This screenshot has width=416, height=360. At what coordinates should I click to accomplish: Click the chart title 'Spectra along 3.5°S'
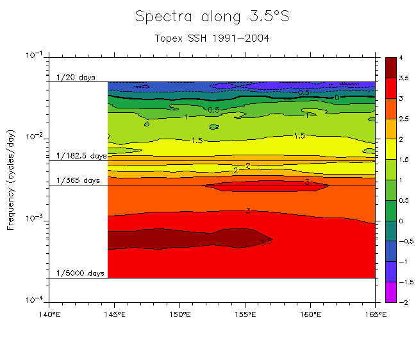pos(212,17)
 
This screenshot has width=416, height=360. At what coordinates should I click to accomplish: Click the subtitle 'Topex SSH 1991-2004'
pos(212,38)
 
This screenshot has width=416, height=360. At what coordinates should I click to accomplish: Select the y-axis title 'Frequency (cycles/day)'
pos(11,178)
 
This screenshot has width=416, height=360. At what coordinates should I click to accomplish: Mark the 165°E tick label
pos(374,314)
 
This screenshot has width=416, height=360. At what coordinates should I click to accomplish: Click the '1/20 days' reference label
pos(76,78)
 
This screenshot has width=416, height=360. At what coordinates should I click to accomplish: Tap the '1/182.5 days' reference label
pos(81,156)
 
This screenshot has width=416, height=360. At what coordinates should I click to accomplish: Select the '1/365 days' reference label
pos(78,181)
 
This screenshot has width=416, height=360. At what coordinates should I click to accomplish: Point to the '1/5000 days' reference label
pos(80,273)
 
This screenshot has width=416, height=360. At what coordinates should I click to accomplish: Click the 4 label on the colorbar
pos(400,58)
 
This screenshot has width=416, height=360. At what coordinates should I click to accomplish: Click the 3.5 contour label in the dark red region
pos(266,242)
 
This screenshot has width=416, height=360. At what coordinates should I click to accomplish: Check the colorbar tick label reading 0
pos(400,221)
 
